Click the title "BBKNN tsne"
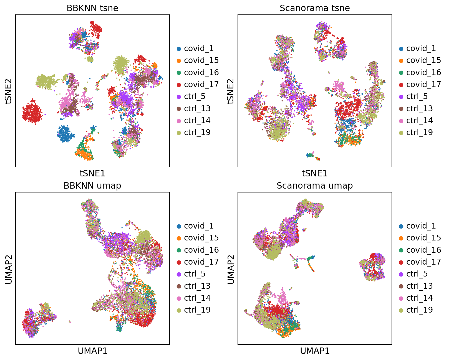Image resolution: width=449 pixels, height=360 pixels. (x=92, y=8)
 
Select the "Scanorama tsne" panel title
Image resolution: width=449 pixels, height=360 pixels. (x=315, y=8)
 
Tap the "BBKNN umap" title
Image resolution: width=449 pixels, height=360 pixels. (x=92, y=186)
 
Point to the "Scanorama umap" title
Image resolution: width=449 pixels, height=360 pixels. (x=315, y=186)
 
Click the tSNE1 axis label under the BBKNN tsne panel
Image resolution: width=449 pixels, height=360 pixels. (x=92, y=173)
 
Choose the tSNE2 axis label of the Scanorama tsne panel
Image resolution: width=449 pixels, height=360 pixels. (x=231, y=91)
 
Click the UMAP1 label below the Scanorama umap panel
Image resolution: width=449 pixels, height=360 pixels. (x=315, y=351)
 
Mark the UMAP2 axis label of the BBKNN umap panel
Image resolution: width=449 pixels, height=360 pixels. (x=9, y=269)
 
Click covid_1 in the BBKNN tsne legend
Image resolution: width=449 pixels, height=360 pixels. (x=199, y=49)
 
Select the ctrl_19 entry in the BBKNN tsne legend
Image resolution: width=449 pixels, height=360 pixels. (x=197, y=133)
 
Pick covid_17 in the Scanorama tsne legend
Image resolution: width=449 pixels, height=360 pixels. (x=423, y=84)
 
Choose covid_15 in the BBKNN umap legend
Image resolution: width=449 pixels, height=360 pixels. (x=201, y=238)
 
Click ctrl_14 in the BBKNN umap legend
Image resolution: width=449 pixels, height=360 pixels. (x=197, y=298)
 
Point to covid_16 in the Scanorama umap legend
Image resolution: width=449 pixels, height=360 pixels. (x=423, y=250)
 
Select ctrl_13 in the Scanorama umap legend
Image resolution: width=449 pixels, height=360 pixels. (x=419, y=286)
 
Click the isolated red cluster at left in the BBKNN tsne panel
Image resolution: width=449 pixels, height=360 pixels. (x=33, y=112)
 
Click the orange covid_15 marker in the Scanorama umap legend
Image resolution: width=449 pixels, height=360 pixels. (x=401, y=238)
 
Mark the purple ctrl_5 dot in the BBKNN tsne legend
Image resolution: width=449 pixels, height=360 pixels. (x=179, y=97)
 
